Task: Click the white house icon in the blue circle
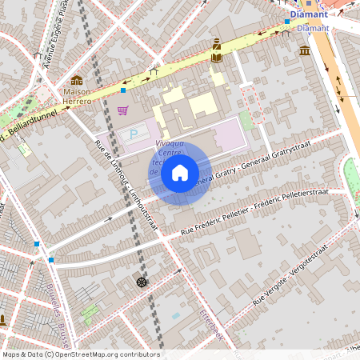pos(180,172)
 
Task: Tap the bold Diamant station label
pos(308,14)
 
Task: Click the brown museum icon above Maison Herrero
pos(77,80)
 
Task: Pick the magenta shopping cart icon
pos(122,110)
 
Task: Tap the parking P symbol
pos(134,133)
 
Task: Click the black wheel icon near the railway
pos(142,282)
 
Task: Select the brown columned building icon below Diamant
pos(305,51)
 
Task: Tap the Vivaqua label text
pos(168,144)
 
